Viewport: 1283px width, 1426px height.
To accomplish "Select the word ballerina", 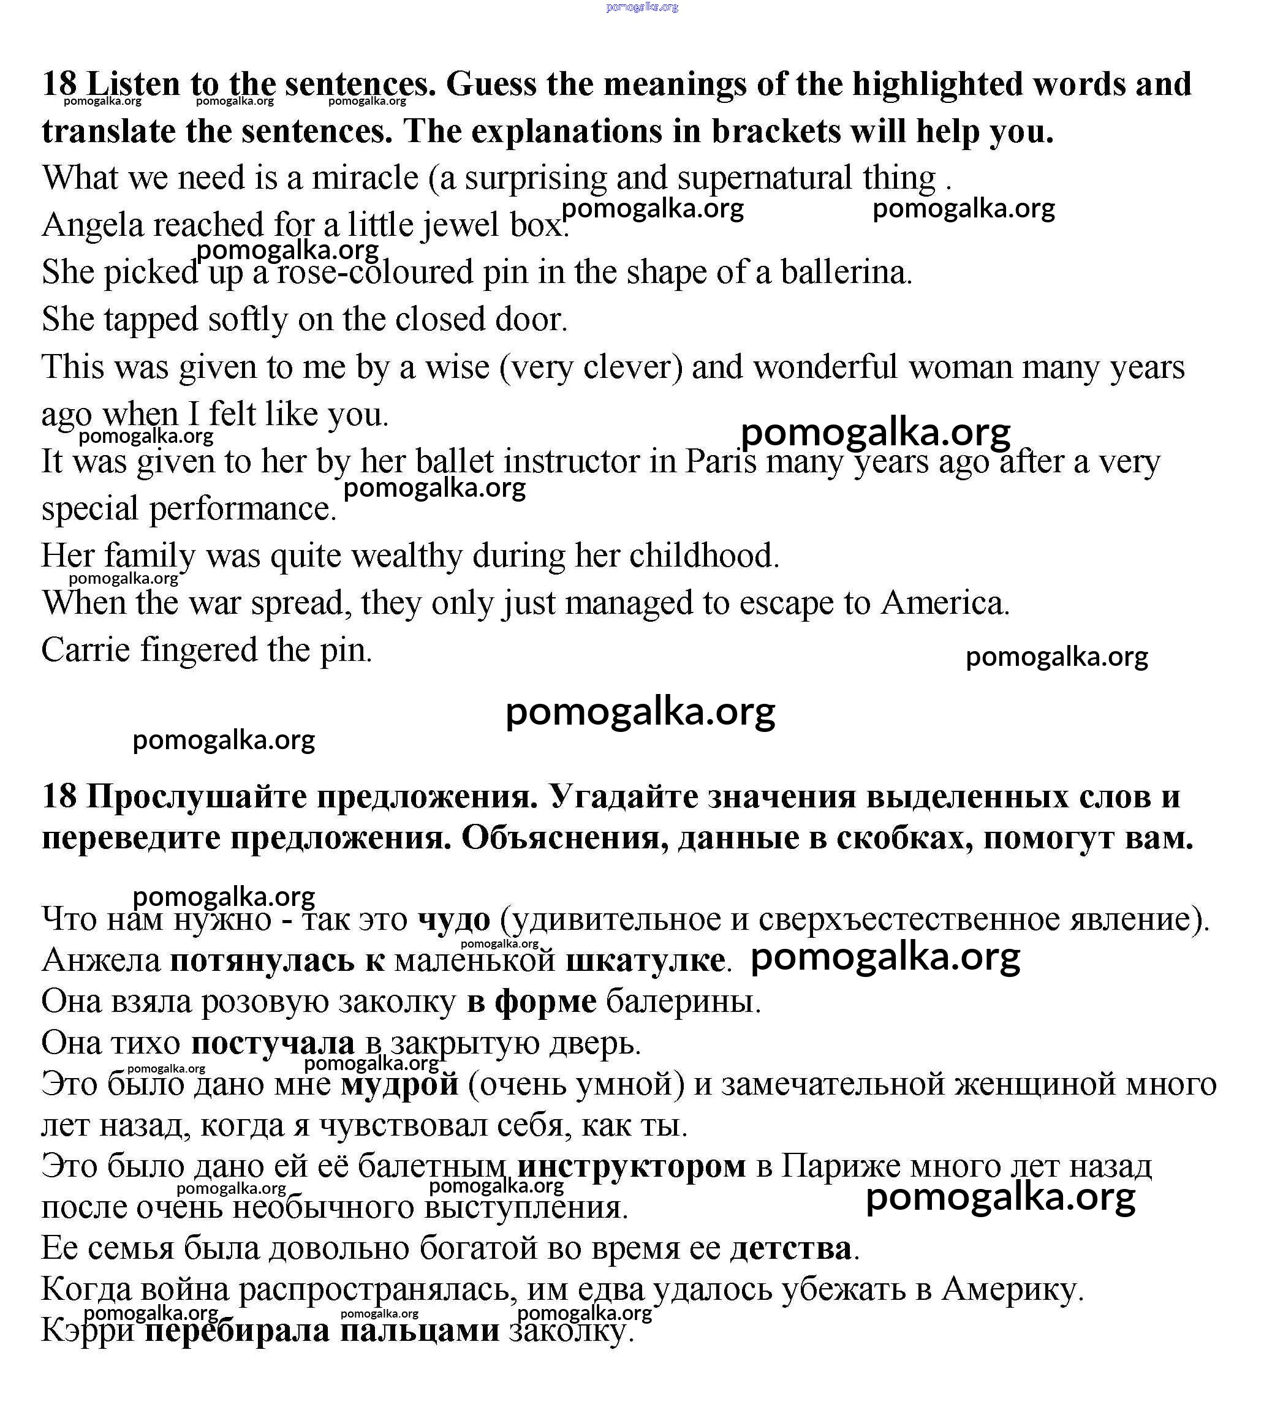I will [x=846, y=272].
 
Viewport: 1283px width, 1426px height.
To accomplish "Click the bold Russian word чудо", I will [x=453, y=919].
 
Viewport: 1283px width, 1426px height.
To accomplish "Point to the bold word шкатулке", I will [x=645, y=960].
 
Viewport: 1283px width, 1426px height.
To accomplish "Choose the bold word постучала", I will [x=272, y=1043].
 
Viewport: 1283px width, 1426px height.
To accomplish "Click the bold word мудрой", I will [x=399, y=1084].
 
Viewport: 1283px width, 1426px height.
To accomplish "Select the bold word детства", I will [x=790, y=1248].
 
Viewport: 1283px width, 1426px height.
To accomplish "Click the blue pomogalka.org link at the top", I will [x=641, y=7].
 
